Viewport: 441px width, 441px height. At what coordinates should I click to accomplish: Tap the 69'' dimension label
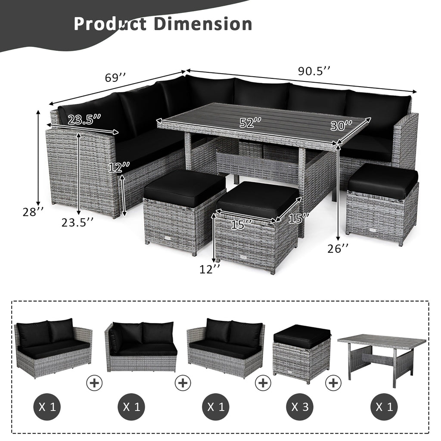coord(115,78)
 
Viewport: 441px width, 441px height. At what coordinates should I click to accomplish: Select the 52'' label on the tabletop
coord(251,122)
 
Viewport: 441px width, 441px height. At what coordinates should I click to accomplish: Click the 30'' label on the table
coord(342,126)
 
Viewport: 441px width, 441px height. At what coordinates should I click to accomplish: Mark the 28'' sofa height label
coord(33,212)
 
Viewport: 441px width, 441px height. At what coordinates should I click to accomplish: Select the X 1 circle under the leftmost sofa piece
coord(47,406)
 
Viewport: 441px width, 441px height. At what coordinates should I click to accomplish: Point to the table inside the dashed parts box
coord(381,356)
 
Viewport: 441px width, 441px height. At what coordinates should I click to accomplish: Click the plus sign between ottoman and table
coord(334,382)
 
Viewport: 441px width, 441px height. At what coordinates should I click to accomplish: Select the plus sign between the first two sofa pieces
coord(94,382)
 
